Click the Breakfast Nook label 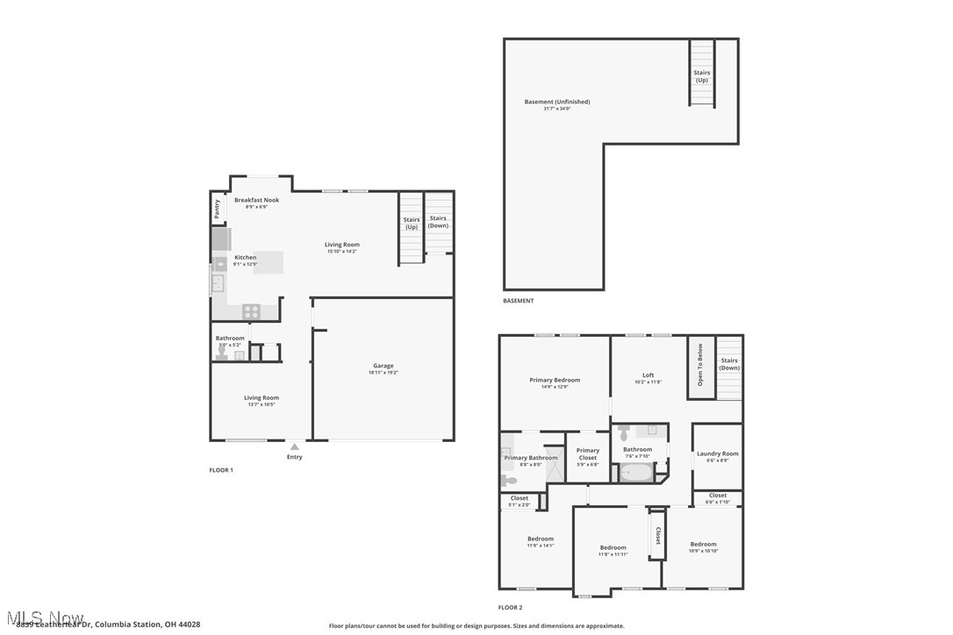point(256,200)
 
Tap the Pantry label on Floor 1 point(217,210)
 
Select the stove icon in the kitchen point(251,310)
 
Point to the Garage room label point(383,366)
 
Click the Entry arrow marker point(294,446)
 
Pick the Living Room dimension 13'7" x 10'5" point(261,404)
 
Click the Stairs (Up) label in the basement point(701,76)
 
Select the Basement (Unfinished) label point(557,102)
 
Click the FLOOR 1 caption point(221,470)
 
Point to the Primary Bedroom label point(555,380)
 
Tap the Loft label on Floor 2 point(648,375)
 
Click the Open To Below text point(699,366)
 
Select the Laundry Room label point(717,453)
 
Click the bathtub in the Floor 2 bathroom point(635,473)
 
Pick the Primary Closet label point(588,451)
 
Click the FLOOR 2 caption point(510,607)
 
